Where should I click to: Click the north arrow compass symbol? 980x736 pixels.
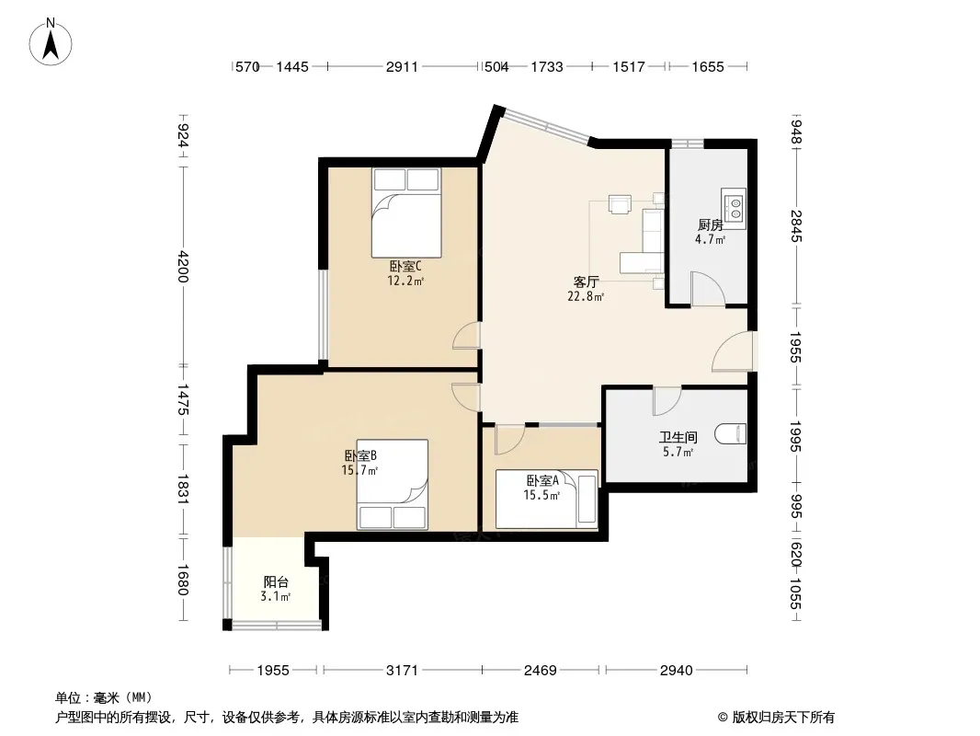(51, 42)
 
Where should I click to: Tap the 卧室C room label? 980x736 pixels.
(405, 267)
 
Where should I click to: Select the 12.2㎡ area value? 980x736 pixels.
(405, 281)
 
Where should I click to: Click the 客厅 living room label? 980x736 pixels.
(586, 282)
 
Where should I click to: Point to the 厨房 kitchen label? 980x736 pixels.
(710, 225)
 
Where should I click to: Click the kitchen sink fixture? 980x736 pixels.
(734, 207)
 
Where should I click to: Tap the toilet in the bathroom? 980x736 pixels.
(731, 434)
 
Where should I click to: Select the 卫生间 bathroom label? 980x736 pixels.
(678, 438)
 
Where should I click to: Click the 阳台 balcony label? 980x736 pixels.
(276, 582)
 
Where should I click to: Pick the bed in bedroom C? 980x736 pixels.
(406, 213)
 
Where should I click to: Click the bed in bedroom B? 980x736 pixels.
(393, 485)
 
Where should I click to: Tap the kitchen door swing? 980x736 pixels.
(707, 289)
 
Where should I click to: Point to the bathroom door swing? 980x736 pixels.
(667, 401)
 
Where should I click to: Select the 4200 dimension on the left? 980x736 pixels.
(183, 267)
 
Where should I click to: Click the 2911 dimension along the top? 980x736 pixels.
(402, 67)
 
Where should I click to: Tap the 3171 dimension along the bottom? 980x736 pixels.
(402, 671)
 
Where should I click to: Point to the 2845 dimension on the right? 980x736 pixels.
(795, 225)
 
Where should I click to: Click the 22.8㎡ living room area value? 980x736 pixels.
(586, 297)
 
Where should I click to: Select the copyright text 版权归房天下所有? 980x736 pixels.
(783, 718)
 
